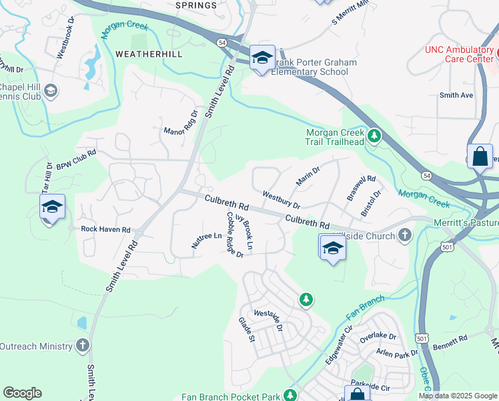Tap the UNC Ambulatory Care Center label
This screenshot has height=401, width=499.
(x=460, y=55)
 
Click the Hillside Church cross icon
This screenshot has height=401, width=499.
(x=404, y=235)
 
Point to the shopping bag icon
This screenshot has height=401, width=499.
(x=480, y=158)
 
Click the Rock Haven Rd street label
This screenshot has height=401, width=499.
(x=105, y=229)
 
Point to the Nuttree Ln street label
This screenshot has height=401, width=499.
(x=206, y=241)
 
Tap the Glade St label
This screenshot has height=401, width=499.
(x=247, y=330)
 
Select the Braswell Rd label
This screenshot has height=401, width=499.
(x=361, y=188)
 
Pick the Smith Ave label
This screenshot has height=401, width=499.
(x=456, y=96)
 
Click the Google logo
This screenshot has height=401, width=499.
(x=23, y=393)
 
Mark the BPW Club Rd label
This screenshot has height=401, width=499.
(x=76, y=158)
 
